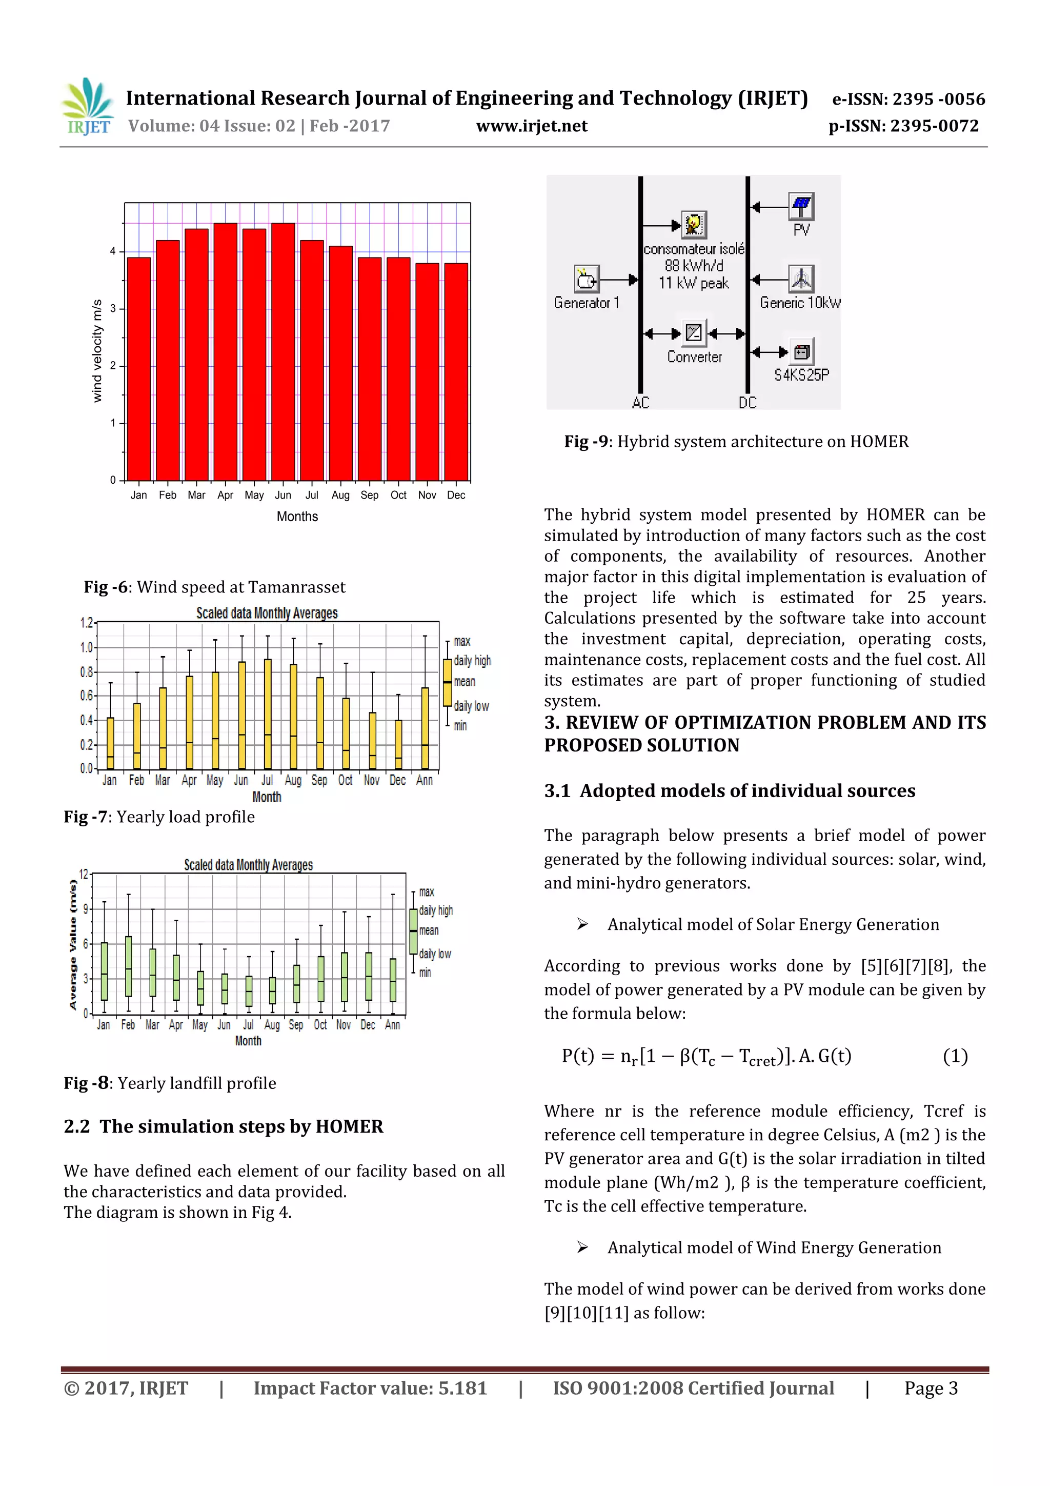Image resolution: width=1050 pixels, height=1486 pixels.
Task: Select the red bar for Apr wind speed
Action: tap(225, 353)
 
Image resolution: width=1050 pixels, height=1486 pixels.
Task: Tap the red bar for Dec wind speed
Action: tap(456, 372)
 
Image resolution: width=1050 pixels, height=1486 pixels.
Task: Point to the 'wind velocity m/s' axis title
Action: tap(97, 351)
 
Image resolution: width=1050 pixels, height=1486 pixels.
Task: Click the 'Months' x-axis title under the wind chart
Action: tap(297, 517)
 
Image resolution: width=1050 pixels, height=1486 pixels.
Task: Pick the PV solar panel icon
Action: tap(801, 207)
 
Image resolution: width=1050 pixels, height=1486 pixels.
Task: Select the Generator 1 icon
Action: tap(586, 280)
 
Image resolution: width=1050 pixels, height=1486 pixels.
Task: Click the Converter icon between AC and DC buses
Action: tap(694, 333)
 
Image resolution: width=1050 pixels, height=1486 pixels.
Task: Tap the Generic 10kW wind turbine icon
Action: tap(801, 279)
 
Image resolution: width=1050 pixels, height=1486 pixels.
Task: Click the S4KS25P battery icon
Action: tap(801, 352)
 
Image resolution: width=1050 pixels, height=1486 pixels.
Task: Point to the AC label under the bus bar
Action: tap(640, 403)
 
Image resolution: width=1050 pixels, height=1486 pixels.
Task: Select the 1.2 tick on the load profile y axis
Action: tap(86, 623)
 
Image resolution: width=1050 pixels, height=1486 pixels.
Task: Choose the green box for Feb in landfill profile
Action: tap(128, 966)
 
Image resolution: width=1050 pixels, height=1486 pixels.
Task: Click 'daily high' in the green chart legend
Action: tap(436, 910)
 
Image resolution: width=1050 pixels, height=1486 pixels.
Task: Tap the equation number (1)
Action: tap(955, 1056)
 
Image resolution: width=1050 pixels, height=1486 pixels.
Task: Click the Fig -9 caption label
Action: tap(585, 442)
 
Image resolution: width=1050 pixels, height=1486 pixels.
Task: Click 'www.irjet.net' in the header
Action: tap(532, 126)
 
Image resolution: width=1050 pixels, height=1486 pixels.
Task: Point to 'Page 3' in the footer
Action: tap(931, 1388)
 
